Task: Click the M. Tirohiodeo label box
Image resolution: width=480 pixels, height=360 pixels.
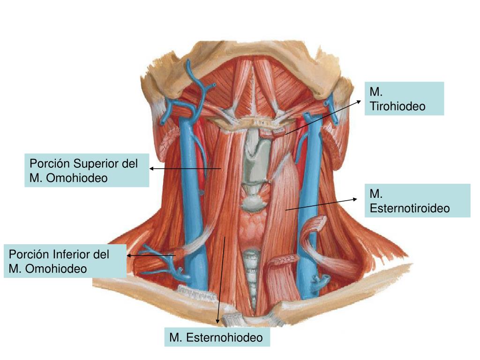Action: click(405, 98)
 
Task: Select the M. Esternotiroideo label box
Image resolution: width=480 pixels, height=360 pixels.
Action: click(417, 201)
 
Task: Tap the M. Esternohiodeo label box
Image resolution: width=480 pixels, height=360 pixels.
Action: click(217, 337)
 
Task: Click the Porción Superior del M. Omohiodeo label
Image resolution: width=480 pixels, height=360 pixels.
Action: click(87, 170)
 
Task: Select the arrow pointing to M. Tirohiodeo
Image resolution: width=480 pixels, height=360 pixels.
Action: click(323, 117)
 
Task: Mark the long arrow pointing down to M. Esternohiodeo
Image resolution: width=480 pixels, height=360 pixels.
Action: click(221, 281)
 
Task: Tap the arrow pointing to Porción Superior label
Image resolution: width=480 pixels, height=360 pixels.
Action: click(185, 168)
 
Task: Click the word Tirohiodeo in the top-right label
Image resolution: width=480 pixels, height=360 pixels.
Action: click(397, 106)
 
